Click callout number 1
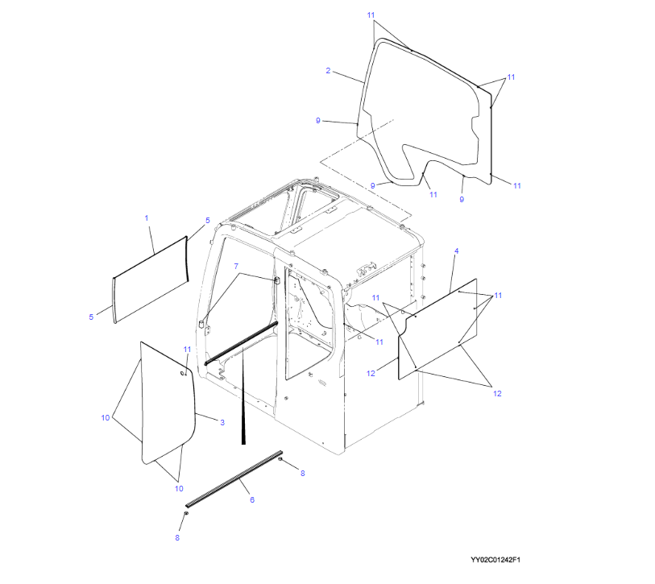147,218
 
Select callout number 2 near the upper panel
328,71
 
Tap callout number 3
222,422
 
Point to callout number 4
457,251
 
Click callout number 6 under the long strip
252,499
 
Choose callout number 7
236,266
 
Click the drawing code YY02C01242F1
495,560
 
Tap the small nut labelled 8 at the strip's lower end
186,513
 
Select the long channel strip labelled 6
234,478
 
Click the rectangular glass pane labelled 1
151,279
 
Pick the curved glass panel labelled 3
168,403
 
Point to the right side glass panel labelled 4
437,329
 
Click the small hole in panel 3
182,373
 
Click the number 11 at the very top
371,15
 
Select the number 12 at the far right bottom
497,394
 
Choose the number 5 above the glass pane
208,221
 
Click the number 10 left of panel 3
106,418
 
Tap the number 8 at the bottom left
177,537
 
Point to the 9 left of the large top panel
318,121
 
